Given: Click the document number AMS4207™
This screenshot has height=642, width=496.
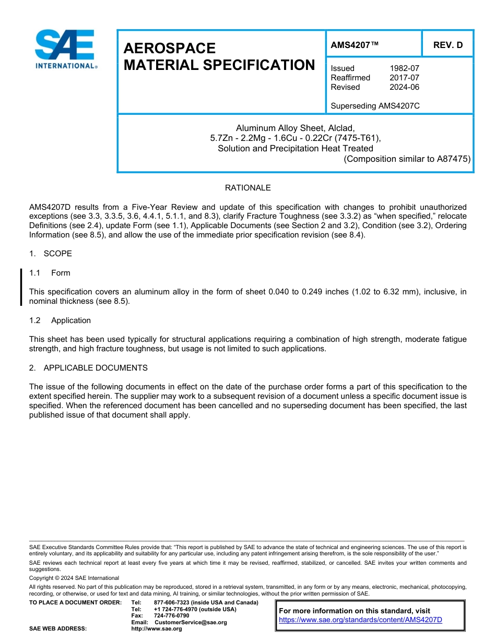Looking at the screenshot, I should pyautogui.click(x=355, y=45).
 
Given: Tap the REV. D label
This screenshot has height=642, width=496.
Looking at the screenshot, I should pyautogui.click(x=447, y=45).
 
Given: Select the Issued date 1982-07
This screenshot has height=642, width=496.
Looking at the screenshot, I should pyautogui.click(x=404, y=68).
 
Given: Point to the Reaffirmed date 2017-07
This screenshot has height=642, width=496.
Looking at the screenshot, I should pyautogui.click(x=404, y=78).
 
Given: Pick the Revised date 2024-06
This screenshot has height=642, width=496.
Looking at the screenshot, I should pyautogui.click(x=404, y=87).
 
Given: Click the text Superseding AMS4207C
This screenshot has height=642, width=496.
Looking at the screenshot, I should pyautogui.click(x=375, y=106).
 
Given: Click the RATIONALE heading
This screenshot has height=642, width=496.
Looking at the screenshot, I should pyautogui.click(x=247, y=188).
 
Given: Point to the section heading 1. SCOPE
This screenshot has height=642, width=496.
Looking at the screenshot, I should pyautogui.click(x=51, y=254).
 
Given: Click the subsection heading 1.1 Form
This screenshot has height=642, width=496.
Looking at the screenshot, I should pyautogui.click(x=50, y=273).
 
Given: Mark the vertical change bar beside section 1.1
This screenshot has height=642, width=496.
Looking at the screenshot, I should pyautogui.click(x=21, y=287).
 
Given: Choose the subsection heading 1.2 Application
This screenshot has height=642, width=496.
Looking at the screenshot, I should pyautogui.click(x=60, y=320).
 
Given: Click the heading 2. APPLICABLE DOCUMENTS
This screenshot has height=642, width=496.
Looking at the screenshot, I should pyautogui.click(x=88, y=368).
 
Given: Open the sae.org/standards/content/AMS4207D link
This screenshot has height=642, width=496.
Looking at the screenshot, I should pyautogui.click(x=360, y=620).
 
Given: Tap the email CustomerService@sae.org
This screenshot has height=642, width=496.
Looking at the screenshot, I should pyautogui.click(x=191, y=622).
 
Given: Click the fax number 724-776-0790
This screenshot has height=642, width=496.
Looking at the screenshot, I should pyautogui.click(x=171, y=616).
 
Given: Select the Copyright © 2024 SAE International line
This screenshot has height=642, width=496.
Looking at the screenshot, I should pyautogui.click(x=74, y=578).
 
